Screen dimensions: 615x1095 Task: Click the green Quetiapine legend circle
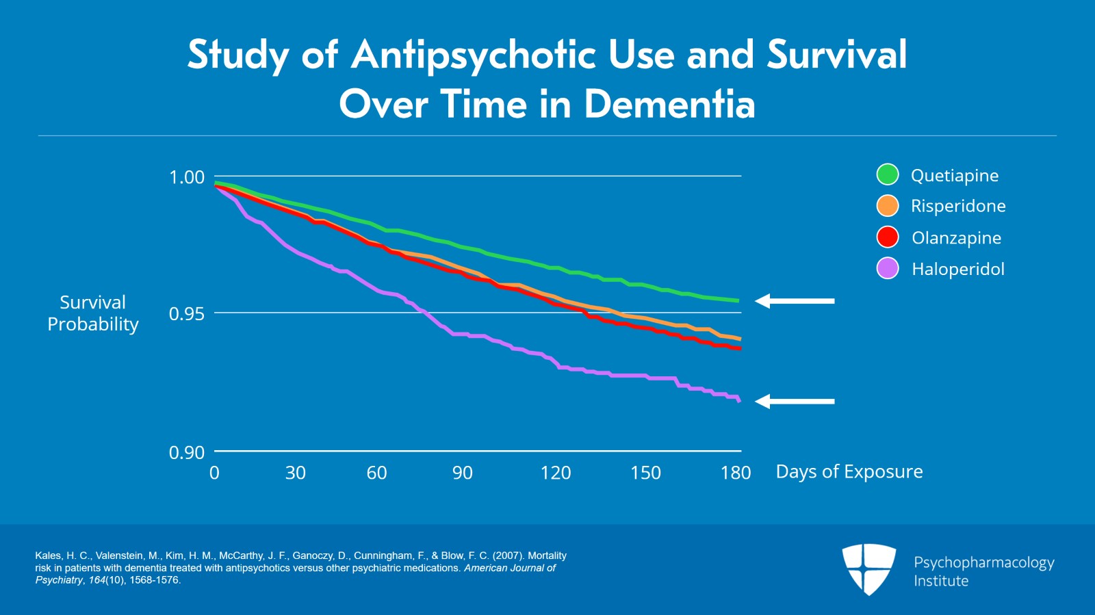pyautogui.click(x=888, y=175)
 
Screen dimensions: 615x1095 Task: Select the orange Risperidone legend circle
pyautogui.click(x=888, y=206)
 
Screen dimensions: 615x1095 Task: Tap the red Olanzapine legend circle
pyautogui.click(x=888, y=237)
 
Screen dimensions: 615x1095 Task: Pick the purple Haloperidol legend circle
pyautogui.click(x=888, y=269)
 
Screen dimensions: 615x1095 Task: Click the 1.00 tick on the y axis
pyautogui.click(x=187, y=177)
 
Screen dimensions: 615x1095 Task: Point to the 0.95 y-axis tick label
pyautogui.click(x=187, y=314)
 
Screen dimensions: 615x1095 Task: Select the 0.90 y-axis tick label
pyautogui.click(x=187, y=452)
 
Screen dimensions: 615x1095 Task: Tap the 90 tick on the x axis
pyautogui.click(x=462, y=473)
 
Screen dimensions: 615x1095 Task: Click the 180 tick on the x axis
pyautogui.click(x=736, y=473)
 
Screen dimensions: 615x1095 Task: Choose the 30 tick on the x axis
pyautogui.click(x=296, y=473)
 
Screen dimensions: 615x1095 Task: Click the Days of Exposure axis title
pyautogui.click(x=849, y=472)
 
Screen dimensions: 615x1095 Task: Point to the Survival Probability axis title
pyautogui.click(x=93, y=313)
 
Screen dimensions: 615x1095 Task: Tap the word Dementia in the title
pyautogui.click(x=669, y=104)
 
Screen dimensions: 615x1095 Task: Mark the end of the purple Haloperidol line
pyautogui.click(x=739, y=400)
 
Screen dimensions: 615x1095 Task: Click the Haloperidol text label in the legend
pyautogui.click(x=958, y=270)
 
